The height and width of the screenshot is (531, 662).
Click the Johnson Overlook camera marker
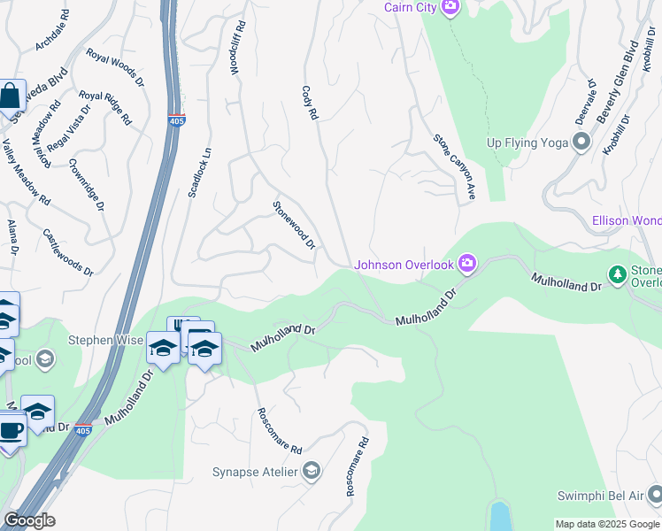467,264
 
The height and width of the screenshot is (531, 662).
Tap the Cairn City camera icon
450,7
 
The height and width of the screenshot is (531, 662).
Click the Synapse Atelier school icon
310,472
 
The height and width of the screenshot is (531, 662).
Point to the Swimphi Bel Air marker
653,495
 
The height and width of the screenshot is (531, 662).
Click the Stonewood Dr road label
294,225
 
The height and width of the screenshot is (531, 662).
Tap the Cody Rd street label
309,104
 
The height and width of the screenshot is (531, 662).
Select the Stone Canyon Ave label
454,166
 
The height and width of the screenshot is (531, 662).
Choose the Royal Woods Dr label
115,66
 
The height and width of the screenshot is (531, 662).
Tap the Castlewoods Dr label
68,252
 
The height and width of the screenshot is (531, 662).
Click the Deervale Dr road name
584,102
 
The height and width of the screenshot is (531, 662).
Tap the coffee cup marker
10,432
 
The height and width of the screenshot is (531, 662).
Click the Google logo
29,520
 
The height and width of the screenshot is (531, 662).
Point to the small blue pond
500,515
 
